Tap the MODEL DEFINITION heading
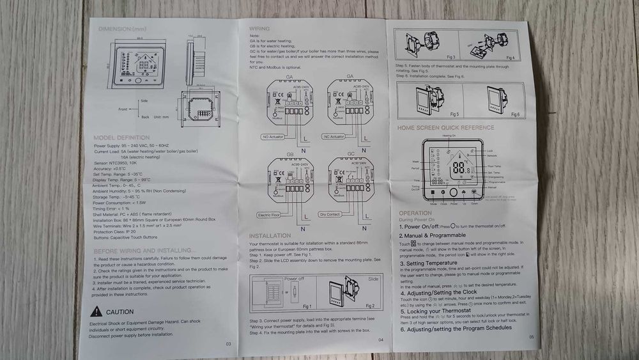tap(121, 137)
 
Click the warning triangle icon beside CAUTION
tap(95, 311)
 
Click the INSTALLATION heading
tap(270, 236)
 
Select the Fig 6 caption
tap(514, 114)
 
